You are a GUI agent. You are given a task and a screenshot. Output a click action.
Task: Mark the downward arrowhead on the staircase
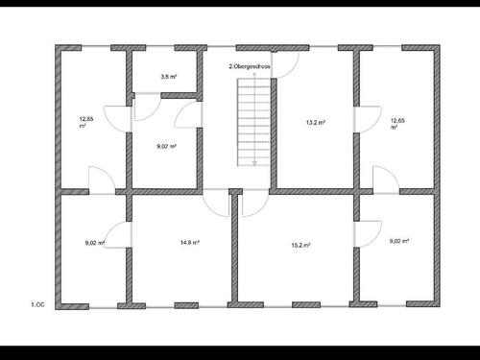point(253,164)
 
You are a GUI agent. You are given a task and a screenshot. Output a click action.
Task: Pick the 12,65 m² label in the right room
point(396,123)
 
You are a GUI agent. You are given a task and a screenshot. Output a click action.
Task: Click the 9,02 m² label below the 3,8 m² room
point(166,147)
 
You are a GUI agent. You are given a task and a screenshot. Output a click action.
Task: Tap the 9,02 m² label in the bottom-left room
point(94,243)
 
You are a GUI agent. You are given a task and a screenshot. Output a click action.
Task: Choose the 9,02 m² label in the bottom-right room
point(399,242)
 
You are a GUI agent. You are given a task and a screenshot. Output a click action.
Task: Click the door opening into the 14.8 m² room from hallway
point(216,203)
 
